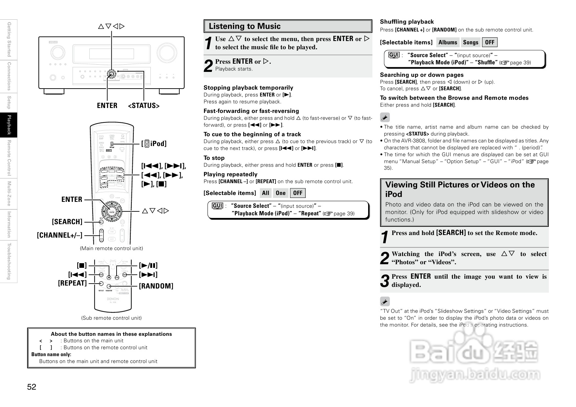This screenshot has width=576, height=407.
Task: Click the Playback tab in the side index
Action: coord(9,125)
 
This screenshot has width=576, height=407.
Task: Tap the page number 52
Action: coord(32,387)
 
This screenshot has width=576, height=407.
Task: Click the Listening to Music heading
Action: coord(245,26)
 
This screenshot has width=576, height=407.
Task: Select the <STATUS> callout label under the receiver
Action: coord(144,106)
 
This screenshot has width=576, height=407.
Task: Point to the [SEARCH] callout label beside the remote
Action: coord(67,222)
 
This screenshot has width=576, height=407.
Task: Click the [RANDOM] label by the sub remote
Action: coord(156,286)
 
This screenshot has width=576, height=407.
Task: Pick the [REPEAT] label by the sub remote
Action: coord(72,283)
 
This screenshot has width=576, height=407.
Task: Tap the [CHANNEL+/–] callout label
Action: coord(59,235)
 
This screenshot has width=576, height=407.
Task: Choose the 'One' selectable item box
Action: coord(280,193)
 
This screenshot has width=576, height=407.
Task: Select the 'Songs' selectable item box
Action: coord(471,42)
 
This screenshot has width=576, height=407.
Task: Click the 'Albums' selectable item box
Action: coord(448,42)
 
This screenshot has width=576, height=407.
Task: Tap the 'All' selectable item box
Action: coord(265,193)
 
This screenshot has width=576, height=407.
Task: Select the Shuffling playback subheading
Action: coord(407,22)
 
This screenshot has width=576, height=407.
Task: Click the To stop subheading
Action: coord(214,158)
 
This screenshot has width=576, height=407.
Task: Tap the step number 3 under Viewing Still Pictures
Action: coord(385,281)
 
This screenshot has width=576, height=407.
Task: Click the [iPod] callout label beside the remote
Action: coord(154,143)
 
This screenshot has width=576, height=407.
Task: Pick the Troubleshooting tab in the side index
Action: coord(9,261)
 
